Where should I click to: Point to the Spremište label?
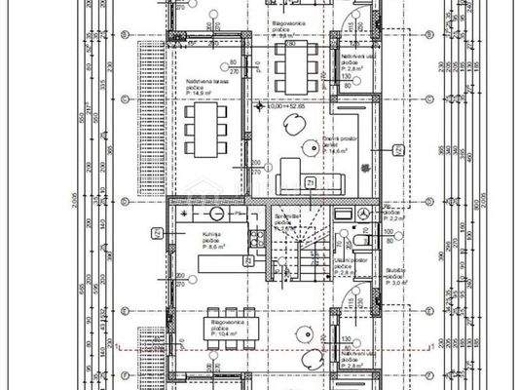285,217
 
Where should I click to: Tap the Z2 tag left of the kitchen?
156,232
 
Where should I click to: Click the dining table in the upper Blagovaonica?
291,60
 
